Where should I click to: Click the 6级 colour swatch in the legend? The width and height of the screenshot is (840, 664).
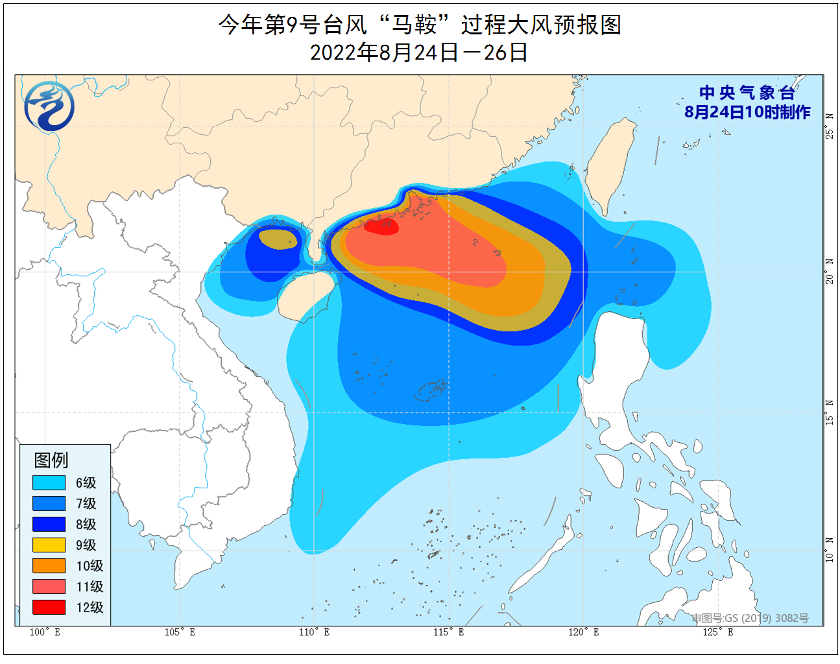point(49,482)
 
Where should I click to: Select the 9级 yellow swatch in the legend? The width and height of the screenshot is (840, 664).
point(49,545)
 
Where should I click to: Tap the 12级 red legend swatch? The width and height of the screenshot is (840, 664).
point(49,607)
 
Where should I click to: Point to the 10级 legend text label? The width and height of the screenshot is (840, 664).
point(90,565)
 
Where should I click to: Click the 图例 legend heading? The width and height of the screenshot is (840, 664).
point(51,460)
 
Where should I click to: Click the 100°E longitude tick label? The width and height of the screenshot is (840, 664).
point(45,632)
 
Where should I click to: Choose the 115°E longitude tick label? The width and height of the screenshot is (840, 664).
point(449,632)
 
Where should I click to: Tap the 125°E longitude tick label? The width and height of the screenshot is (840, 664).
point(718,632)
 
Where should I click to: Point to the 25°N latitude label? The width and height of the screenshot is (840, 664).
point(830,126)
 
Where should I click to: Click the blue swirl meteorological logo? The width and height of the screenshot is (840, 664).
point(49,106)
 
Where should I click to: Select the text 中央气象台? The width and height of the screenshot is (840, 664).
point(747,93)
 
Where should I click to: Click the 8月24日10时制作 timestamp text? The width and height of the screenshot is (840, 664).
point(747,112)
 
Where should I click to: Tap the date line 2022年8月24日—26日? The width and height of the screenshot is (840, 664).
point(419,52)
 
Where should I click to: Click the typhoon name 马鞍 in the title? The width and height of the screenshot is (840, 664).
point(413,25)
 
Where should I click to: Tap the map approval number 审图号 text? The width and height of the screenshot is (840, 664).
point(750,618)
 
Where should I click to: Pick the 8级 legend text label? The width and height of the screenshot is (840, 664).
point(86,524)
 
